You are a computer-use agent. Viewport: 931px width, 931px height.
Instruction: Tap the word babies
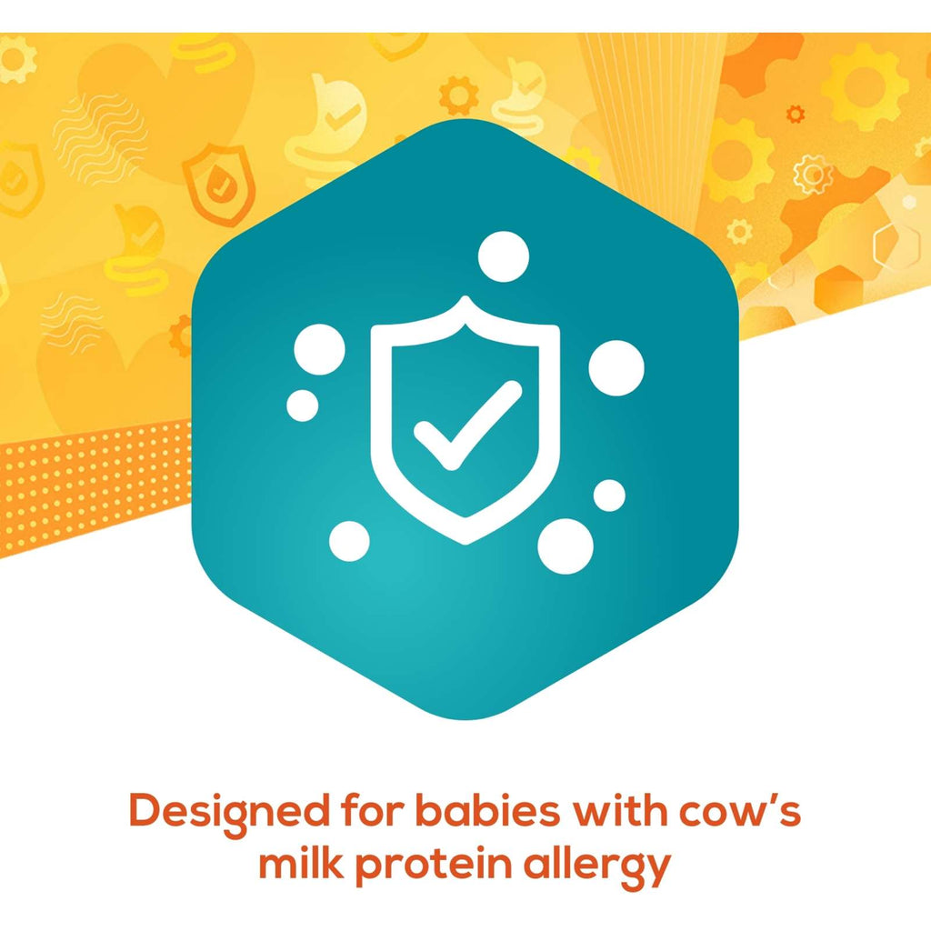487,810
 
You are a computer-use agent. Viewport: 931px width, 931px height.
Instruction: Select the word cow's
740,810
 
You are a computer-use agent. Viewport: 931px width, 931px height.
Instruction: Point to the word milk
301,863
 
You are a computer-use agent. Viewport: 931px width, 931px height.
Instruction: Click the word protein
434,866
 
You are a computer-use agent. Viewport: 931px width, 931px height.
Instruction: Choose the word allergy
596,866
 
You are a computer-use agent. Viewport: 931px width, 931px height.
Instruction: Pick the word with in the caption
618,810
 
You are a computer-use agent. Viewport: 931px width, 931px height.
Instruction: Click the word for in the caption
372,810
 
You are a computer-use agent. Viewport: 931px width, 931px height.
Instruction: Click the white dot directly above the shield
504,256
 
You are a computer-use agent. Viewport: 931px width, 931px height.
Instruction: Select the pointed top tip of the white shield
465,296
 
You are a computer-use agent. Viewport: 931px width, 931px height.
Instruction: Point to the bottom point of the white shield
465,542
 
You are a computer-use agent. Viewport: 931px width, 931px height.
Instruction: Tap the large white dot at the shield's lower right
566,546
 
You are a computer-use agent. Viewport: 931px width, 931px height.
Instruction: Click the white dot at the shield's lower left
349,541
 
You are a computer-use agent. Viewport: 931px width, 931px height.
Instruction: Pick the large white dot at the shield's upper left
319,349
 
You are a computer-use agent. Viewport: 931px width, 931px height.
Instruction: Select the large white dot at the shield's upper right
616,368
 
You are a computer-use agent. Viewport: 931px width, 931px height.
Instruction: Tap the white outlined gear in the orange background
813,175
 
